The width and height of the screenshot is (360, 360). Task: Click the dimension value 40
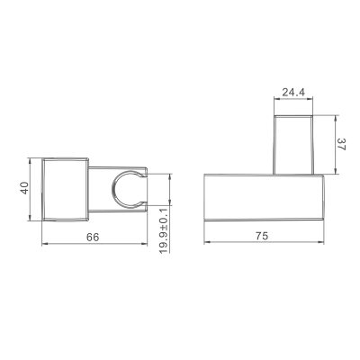coord(24,188)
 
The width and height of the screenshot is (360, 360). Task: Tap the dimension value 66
coord(93,237)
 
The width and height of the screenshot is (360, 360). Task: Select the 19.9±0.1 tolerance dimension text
coord(164,231)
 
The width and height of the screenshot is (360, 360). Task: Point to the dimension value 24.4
coord(293,93)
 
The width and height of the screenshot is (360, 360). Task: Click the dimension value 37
coord(341,144)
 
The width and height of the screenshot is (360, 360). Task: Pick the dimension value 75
coord(262,236)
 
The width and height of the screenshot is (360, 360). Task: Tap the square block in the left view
coord(65,189)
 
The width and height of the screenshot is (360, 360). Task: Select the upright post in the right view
coord(293,145)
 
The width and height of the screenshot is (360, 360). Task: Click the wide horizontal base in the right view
coord(264,197)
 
